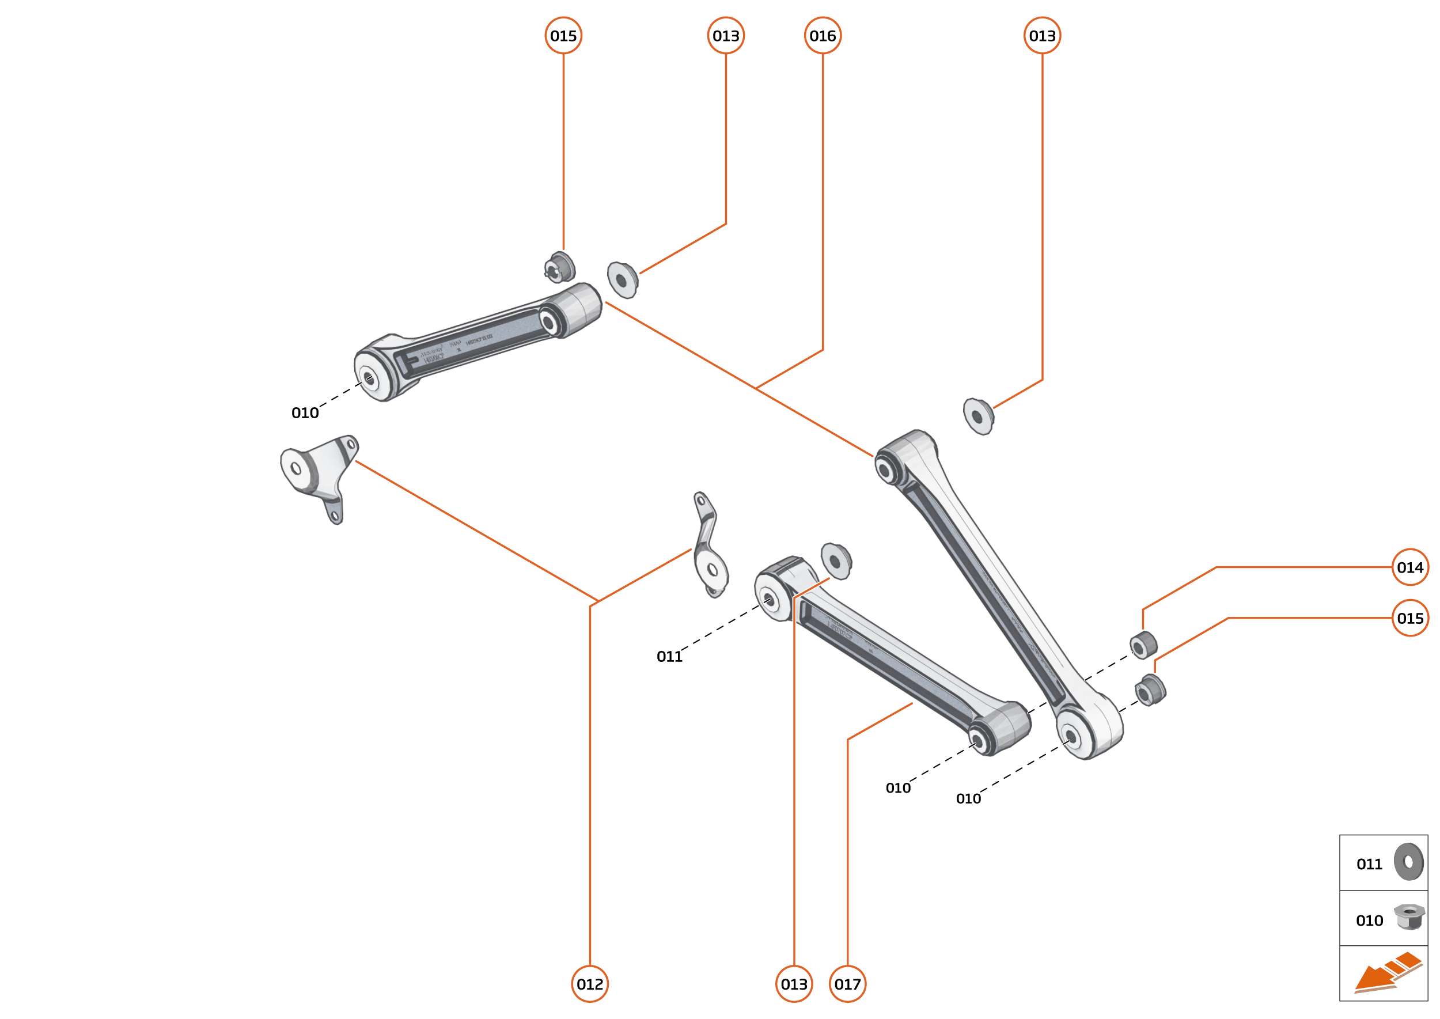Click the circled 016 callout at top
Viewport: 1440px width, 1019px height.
click(823, 36)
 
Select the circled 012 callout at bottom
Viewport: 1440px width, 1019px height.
click(590, 984)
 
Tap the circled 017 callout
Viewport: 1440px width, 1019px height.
click(848, 984)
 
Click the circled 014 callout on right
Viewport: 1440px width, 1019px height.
click(1410, 567)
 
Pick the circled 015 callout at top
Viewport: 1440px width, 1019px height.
click(563, 36)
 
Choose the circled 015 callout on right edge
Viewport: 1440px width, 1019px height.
click(1410, 618)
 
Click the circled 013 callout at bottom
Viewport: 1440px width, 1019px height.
click(794, 984)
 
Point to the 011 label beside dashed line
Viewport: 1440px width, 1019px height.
click(669, 656)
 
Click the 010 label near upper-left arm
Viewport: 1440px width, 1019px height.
click(305, 413)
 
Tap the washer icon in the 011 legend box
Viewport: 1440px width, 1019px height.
click(1409, 862)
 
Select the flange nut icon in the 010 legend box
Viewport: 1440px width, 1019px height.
click(1409, 916)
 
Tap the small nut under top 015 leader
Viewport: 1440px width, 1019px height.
click(560, 267)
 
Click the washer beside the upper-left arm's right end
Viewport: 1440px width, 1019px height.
click(623, 280)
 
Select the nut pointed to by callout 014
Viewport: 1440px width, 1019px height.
click(1143, 646)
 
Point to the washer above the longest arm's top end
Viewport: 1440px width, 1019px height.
click(978, 416)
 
